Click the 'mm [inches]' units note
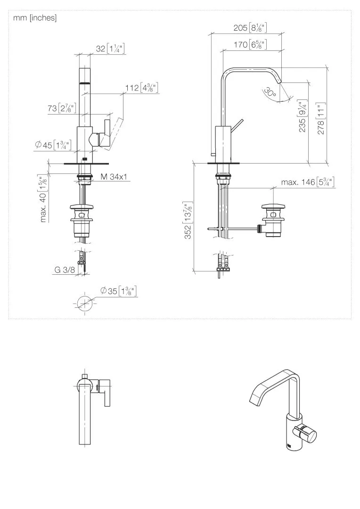pos(35,18)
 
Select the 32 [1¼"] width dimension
pos(110,49)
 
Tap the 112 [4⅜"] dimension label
pos(142,88)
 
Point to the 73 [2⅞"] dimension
pos(62,108)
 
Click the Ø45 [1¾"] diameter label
pos(54,145)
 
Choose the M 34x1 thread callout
pos(114,177)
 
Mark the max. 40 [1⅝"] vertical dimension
pos(43,198)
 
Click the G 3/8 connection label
pos(65,270)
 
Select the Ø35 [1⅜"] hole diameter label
pos(118,291)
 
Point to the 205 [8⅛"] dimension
pos(250,28)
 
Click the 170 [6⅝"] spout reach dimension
pos(250,44)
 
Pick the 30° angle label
pos(270,93)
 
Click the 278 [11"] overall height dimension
pos(321,119)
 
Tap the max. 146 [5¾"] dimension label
pos(308,182)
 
